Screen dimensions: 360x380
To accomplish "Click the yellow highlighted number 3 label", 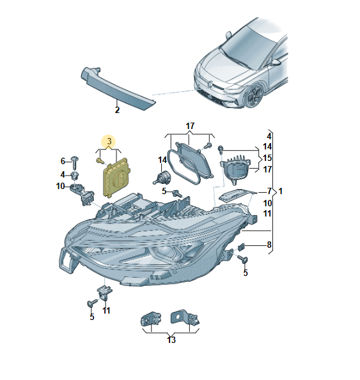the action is (x=109, y=141).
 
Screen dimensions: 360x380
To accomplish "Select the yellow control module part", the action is (x=116, y=178).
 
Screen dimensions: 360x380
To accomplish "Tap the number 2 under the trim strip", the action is (x=118, y=110).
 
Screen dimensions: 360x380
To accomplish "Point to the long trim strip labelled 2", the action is (x=118, y=89).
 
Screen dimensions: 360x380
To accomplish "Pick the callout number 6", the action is (x=63, y=161).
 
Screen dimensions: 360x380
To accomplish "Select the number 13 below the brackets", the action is (x=171, y=340).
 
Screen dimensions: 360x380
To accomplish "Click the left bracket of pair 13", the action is (x=151, y=319).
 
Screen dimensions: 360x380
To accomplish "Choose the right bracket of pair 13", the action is (x=185, y=317).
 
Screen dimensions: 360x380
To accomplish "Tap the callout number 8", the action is (x=269, y=245).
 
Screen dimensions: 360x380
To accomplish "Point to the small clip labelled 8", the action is (x=241, y=247).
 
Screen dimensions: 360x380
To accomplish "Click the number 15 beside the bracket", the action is (x=267, y=158).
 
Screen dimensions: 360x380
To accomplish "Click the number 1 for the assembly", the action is (x=281, y=191).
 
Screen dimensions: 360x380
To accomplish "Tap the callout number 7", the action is (x=269, y=192).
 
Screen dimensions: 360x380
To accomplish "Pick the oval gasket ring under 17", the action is (x=184, y=167).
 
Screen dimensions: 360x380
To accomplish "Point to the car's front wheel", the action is (x=254, y=96).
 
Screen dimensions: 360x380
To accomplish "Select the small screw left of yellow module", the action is (x=100, y=160).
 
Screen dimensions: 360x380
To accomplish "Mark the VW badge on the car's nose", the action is (x=210, y=84).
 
